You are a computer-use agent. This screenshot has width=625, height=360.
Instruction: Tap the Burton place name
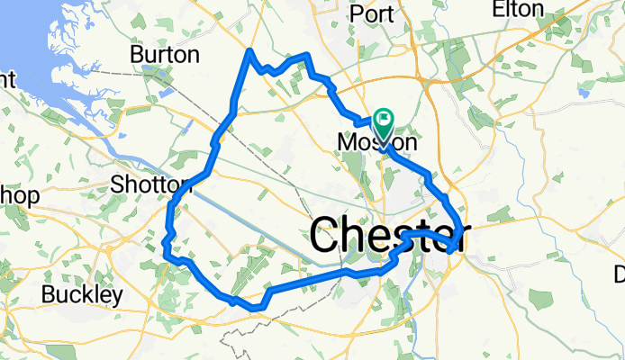pyautogui.click(x=165, y=55)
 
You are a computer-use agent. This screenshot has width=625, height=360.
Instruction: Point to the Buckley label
pyautogui.click(x=82, y=294)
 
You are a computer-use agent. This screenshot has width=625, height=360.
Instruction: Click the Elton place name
pyautogui.click(x=518, y=10)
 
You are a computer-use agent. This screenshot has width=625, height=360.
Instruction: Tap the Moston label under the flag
pyautogui.click(x=376, y=143)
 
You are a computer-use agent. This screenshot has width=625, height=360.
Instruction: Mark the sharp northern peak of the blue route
pyautogui.click(x=249, y=51)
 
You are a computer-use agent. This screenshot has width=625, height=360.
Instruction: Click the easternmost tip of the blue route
pyautogui.click(x=464, y=233)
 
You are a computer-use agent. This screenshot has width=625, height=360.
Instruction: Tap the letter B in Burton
pyautogui.click(x=137, y=55)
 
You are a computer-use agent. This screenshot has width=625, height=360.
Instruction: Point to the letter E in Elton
pyautogui.click(x=498, y=10)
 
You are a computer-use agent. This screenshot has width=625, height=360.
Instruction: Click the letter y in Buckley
pyautogui.click(x=117, y=297)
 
